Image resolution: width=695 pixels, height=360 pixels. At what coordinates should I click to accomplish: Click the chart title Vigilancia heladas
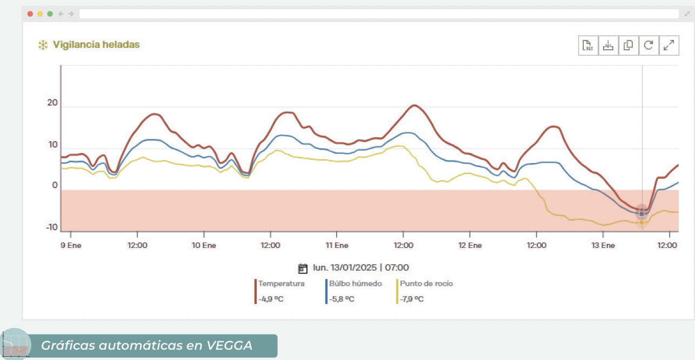[x=96, y=45]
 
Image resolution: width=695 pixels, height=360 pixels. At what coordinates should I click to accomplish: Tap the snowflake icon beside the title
[x=43, y=45]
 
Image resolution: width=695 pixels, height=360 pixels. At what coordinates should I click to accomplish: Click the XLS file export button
[x=588, y=46]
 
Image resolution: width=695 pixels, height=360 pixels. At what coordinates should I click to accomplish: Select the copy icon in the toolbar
[x=628, y=46]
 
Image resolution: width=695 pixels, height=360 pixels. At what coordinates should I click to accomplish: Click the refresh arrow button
[x=649, y=46]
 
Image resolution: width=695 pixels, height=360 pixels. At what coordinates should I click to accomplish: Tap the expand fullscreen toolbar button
[x=669, y=46]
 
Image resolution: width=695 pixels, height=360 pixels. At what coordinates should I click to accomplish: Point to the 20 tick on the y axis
[x=52, y=103]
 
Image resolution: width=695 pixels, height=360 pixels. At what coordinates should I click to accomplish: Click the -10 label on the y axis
[x=51, y=228]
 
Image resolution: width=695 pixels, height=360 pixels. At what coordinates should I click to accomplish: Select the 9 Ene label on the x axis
[x=70, y=245]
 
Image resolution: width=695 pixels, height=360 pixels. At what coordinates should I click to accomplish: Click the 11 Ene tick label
[x=336, y=245]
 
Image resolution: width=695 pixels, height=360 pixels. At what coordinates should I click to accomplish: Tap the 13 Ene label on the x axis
[x=603, y=245]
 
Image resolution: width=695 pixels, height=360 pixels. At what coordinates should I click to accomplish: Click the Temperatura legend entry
[x=281, y=284]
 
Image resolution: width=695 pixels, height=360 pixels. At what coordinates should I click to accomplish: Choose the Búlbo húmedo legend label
[x=355, y=284]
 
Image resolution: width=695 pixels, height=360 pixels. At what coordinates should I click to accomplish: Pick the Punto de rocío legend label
[x=426, y=284]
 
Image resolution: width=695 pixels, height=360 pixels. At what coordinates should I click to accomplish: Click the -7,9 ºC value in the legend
[x=412, y=299]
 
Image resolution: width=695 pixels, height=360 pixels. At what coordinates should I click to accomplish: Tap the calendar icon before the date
[x=303, y=268]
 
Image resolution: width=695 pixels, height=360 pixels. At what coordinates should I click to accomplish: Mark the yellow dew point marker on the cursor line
[x=642, y=222]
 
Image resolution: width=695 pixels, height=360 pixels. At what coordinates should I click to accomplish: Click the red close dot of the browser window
[x=30, y=14]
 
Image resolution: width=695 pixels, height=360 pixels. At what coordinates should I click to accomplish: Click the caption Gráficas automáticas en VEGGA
[x=147, y=345]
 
